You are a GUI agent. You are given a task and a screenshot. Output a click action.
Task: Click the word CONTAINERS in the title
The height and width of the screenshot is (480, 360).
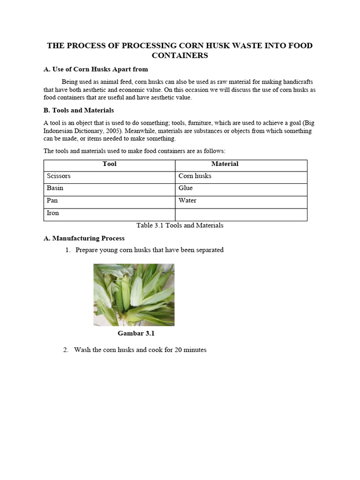(180, 56)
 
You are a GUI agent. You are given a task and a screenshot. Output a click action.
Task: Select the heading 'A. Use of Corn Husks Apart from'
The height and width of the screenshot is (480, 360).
(96, 69)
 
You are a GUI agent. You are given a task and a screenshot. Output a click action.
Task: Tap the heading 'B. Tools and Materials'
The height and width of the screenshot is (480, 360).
(79, 110)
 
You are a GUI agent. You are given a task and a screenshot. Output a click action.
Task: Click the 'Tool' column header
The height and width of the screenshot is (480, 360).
(109, 164)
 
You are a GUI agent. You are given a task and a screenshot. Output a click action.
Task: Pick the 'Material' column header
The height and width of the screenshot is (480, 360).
(225, 164)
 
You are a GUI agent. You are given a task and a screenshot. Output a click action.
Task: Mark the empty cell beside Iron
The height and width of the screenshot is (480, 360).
(241, 214)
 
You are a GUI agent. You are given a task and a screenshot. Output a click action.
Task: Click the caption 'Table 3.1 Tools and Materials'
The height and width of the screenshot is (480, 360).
(180, 225)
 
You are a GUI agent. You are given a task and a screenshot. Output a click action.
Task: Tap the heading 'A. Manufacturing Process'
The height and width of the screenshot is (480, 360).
(84, 238)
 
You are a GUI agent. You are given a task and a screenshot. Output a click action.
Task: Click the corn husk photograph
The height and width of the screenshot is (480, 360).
(134, 294)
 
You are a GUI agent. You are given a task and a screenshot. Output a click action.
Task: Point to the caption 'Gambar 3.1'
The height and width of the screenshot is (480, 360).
(136, 334)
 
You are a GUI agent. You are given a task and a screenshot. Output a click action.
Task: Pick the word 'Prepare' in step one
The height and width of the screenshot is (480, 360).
(87, 250)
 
